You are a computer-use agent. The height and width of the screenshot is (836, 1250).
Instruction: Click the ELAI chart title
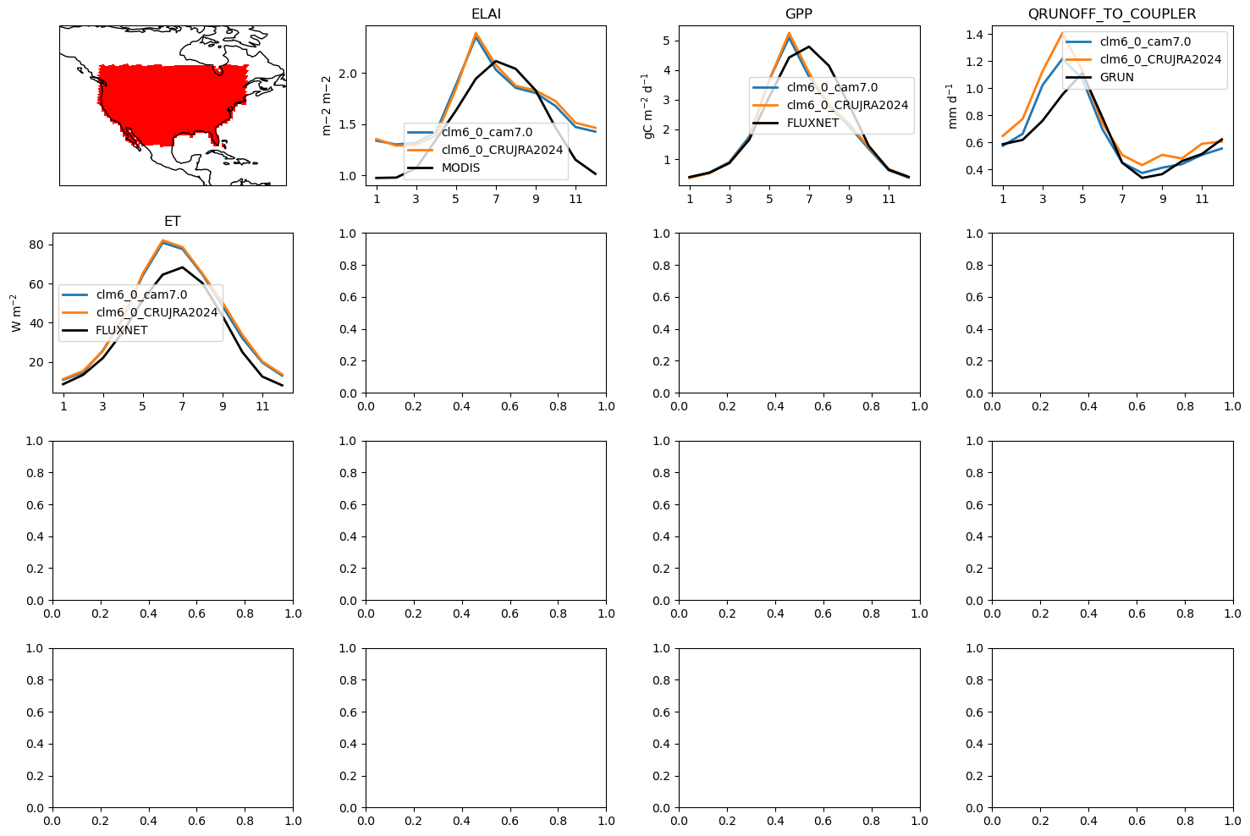486,14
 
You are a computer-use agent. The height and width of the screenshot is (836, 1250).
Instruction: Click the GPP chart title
799,14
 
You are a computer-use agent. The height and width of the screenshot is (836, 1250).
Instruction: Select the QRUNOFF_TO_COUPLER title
1111,14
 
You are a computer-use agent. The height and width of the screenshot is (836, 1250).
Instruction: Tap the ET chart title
173,222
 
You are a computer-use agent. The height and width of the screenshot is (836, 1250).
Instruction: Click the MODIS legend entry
460,168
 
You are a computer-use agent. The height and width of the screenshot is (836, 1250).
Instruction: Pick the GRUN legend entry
1116,77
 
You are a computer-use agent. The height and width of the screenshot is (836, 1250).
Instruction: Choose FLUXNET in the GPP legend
812,123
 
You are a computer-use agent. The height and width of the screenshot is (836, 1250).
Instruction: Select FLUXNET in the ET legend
121,330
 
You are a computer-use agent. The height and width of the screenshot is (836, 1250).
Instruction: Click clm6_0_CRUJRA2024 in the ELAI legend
502,150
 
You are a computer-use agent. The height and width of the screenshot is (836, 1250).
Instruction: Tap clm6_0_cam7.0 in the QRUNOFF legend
1145,41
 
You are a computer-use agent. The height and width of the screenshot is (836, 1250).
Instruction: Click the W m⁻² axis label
15,313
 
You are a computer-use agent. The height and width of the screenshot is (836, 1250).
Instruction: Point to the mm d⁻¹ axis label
953,106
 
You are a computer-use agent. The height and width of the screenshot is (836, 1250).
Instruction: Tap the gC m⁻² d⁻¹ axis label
648,106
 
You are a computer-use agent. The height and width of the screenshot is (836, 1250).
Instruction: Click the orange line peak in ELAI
476,33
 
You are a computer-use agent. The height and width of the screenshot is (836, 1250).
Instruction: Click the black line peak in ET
183,267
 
